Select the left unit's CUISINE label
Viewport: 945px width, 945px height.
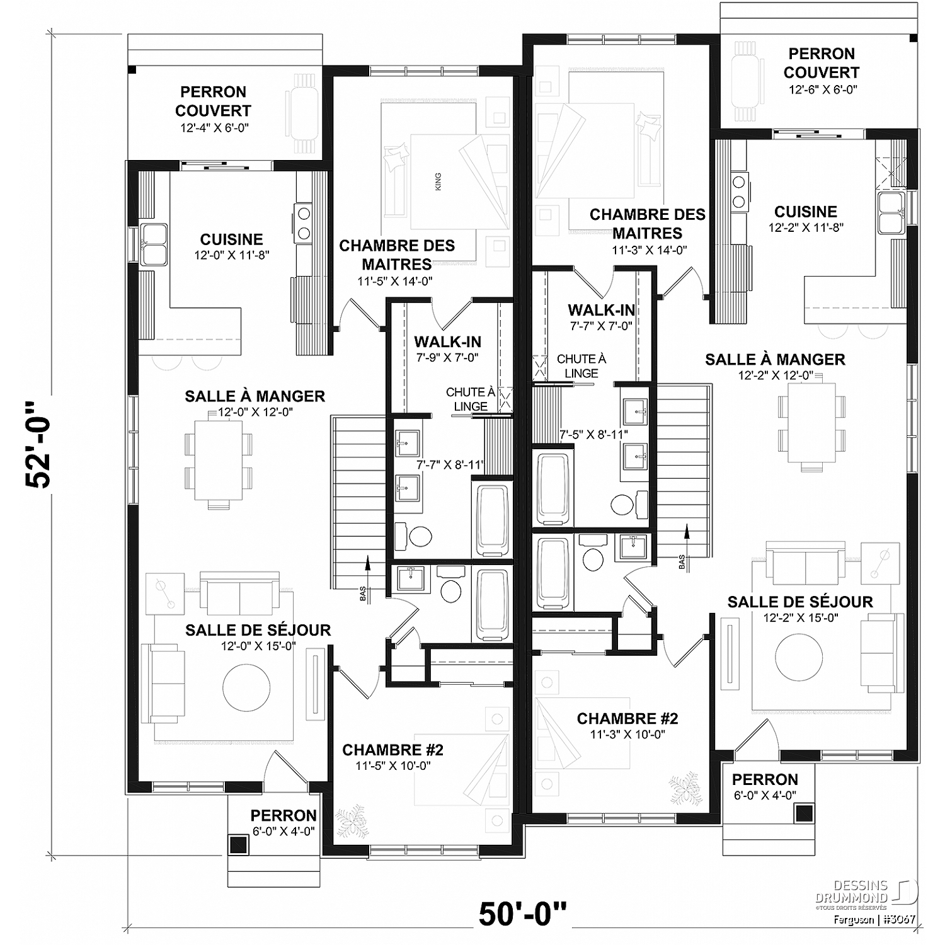pos(231,239)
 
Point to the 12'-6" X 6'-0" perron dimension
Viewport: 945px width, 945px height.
pos(823,90)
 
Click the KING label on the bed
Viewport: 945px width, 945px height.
pos(438,181)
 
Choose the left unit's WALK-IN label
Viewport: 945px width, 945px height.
pos(447,342)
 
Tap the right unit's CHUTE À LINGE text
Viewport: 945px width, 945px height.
pos(581,366)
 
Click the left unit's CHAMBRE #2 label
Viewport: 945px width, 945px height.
pos(392,750)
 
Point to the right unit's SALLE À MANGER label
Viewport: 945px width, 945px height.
pos(775,360)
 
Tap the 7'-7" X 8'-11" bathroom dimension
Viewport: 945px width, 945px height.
pos(450,465)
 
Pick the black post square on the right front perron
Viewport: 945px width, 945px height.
pos(803,813)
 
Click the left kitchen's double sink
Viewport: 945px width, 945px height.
pos(154,244)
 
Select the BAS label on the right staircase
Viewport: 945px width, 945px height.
pos(682,561)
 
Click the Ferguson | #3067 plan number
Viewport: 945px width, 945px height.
pos(874,919)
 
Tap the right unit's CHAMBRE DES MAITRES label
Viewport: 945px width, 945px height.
pos(647,224)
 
